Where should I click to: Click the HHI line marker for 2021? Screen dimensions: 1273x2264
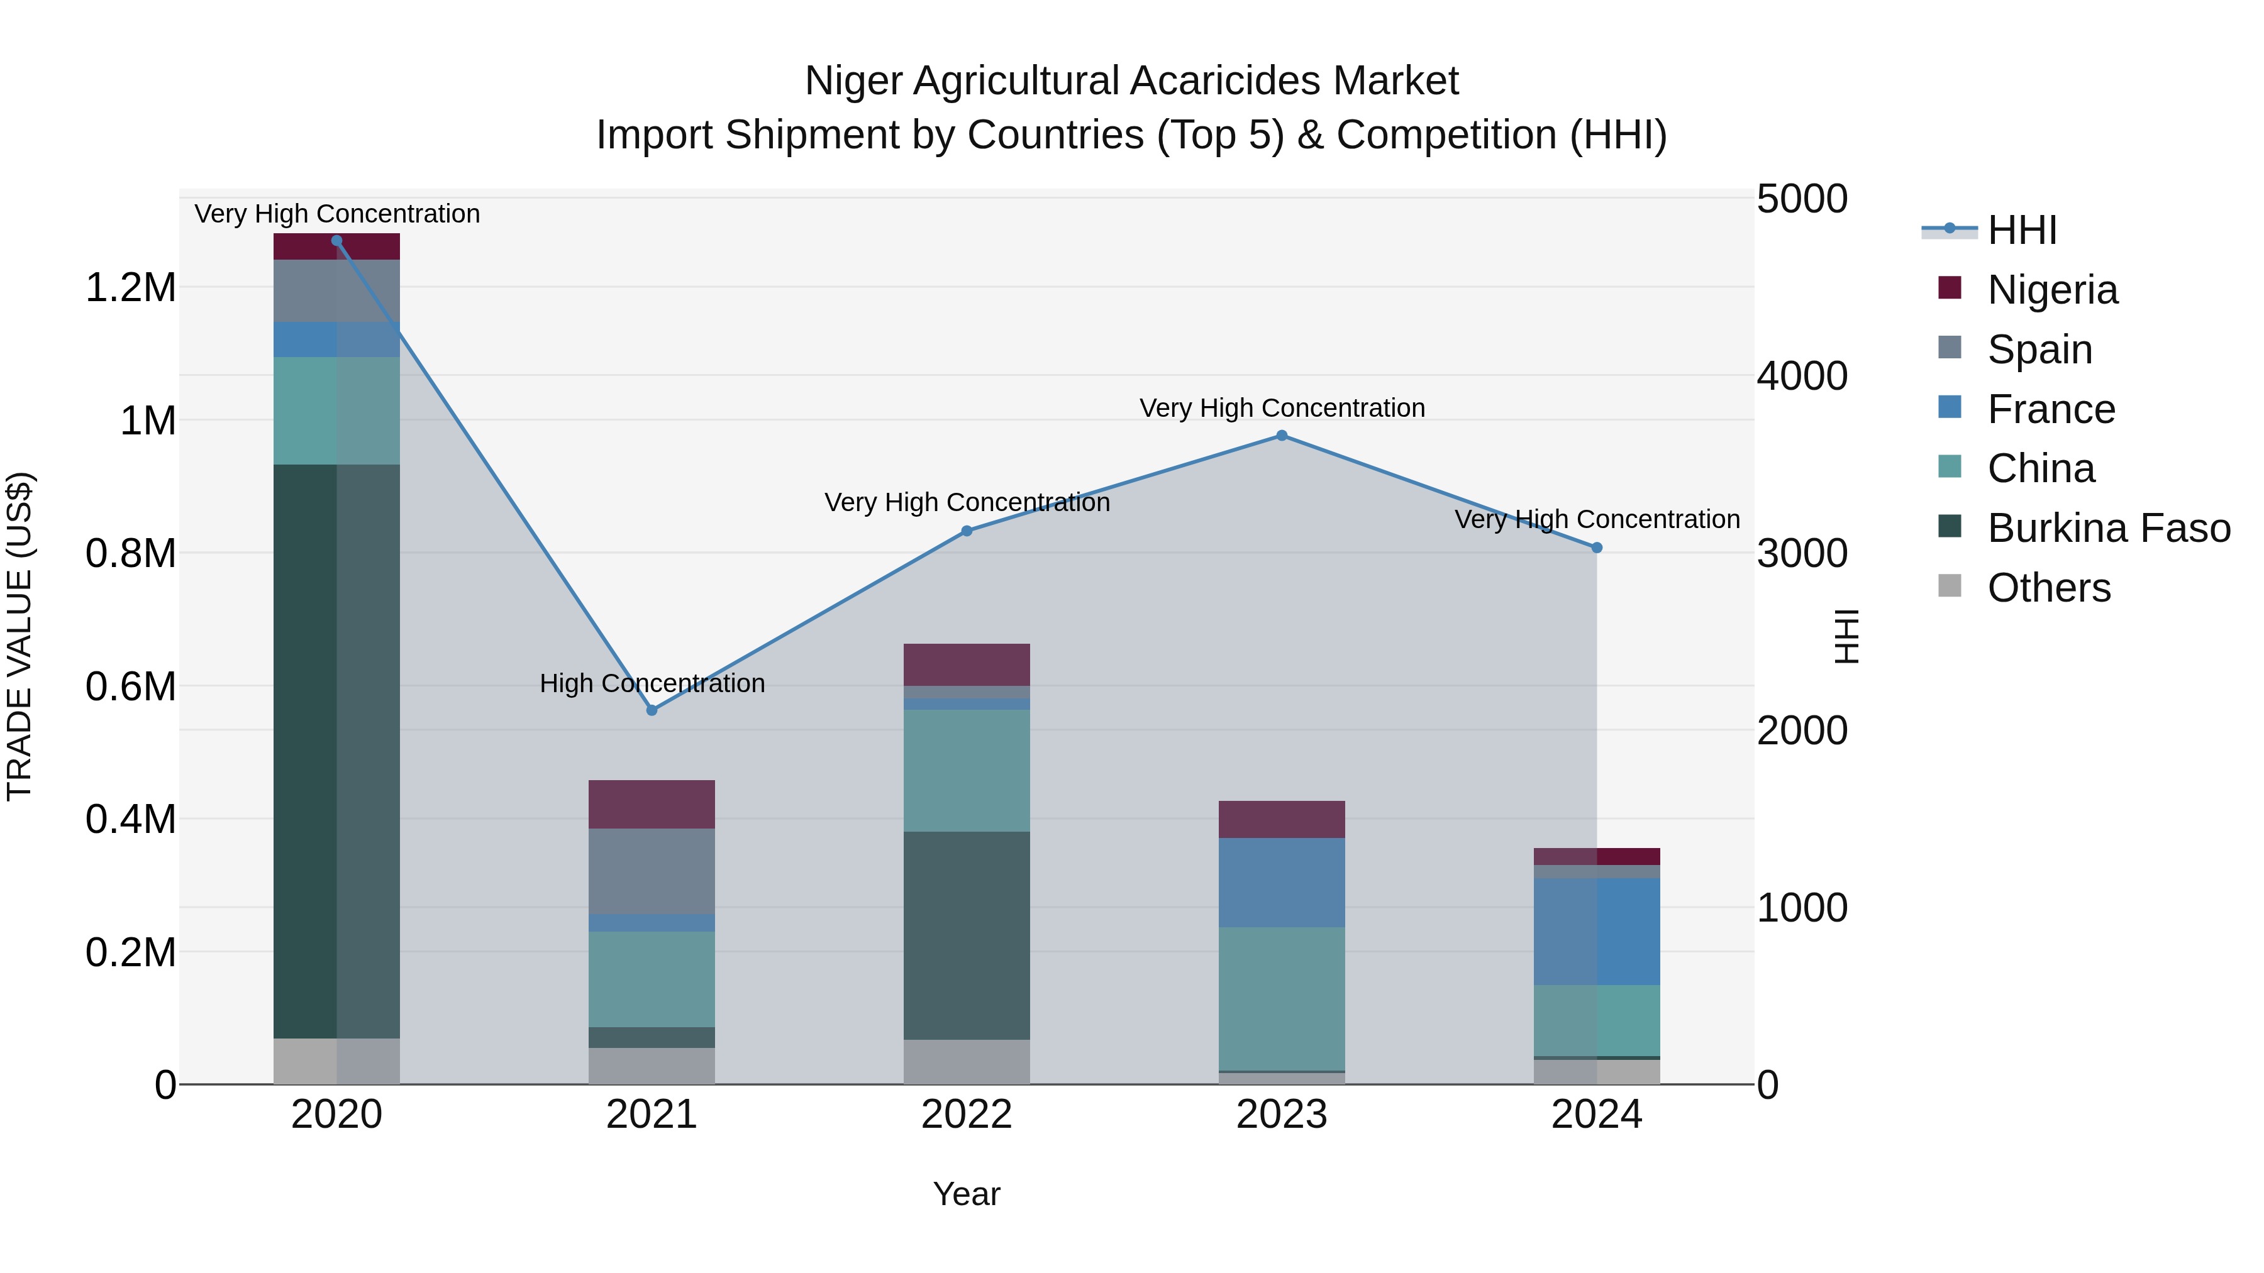(652, 710)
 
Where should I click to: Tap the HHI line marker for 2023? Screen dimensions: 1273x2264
(1282, 436)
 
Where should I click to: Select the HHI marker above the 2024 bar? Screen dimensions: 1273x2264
(1597, 548)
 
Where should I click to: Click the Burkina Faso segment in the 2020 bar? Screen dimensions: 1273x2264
(336, 751)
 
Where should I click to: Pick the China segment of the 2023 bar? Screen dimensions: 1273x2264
(1282, 998)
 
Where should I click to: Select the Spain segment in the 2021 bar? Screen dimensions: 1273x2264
(652, 871)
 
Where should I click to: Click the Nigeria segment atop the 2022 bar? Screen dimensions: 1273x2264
(967, 664)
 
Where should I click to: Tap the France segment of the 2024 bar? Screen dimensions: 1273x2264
(1597, 931)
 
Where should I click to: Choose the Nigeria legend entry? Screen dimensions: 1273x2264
(2052, 290)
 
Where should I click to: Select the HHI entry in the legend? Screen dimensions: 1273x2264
(2021, 230)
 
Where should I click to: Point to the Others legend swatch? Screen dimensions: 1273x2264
(1950, 586)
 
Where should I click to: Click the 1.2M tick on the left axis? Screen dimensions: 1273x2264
(130, 288)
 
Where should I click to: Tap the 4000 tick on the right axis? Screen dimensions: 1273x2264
(1802, 376)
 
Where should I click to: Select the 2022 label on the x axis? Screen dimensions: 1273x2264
(967, 1115)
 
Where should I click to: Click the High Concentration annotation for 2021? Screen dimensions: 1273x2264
(652, 683)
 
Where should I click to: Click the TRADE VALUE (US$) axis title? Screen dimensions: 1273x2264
(19, 636)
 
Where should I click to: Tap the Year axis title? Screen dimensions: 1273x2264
(967, 1194)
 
